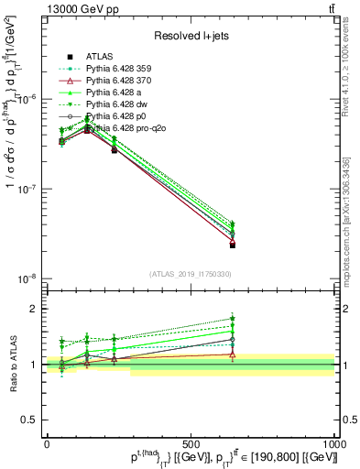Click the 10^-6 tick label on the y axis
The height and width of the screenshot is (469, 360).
25,100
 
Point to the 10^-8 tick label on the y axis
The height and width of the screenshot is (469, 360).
25,278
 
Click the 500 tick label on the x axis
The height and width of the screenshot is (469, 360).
191,443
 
